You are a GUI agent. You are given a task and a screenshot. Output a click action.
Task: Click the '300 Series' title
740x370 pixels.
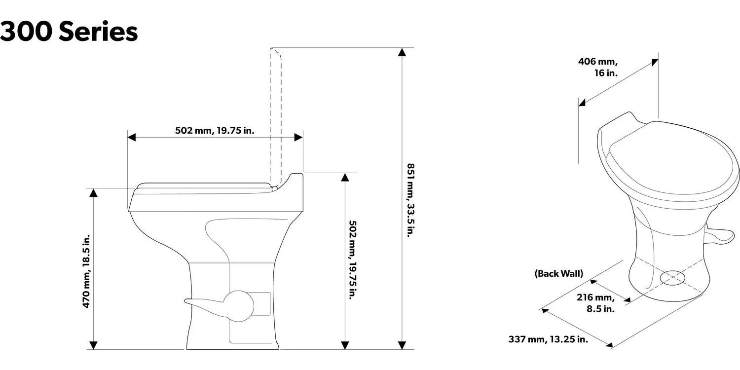[69, 32]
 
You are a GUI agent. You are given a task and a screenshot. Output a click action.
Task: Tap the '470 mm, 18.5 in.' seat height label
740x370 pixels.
[86, 271]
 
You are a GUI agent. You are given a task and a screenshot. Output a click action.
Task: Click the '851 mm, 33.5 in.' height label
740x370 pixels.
[409, 200]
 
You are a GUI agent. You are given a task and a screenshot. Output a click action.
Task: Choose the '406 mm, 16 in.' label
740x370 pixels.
[598, 67]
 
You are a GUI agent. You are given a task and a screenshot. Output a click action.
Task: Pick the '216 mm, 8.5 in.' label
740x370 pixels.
[596, 303]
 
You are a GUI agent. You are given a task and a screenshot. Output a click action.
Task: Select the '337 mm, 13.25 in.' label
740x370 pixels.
[548, 339]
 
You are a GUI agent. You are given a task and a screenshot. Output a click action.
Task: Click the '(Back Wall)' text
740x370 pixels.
[558, 273]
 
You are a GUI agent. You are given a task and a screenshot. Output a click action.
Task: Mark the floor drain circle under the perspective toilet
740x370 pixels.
[672, 278]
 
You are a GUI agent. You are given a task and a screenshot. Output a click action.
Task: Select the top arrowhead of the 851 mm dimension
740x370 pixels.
[403, 52]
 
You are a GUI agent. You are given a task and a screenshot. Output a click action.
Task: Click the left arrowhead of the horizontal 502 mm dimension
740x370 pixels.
[132, 137]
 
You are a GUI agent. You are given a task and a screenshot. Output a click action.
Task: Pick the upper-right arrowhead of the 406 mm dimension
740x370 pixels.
[655, 62]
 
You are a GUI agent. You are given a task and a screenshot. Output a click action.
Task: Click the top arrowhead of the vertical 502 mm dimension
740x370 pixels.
[345, 177]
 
